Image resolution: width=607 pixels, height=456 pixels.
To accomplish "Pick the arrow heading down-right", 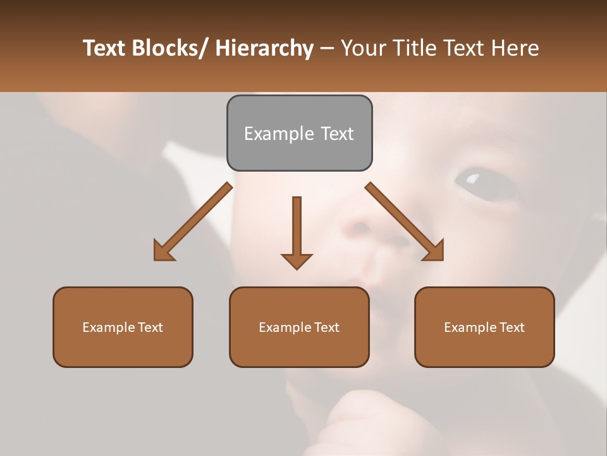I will click(405, 222).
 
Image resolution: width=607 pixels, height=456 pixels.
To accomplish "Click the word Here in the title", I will click(514, 48).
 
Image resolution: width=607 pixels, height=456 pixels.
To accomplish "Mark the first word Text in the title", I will click(104, 48).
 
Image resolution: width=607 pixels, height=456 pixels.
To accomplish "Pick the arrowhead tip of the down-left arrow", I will click(156, 259).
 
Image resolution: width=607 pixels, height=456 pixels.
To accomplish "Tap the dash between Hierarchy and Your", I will click(327, 49).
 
